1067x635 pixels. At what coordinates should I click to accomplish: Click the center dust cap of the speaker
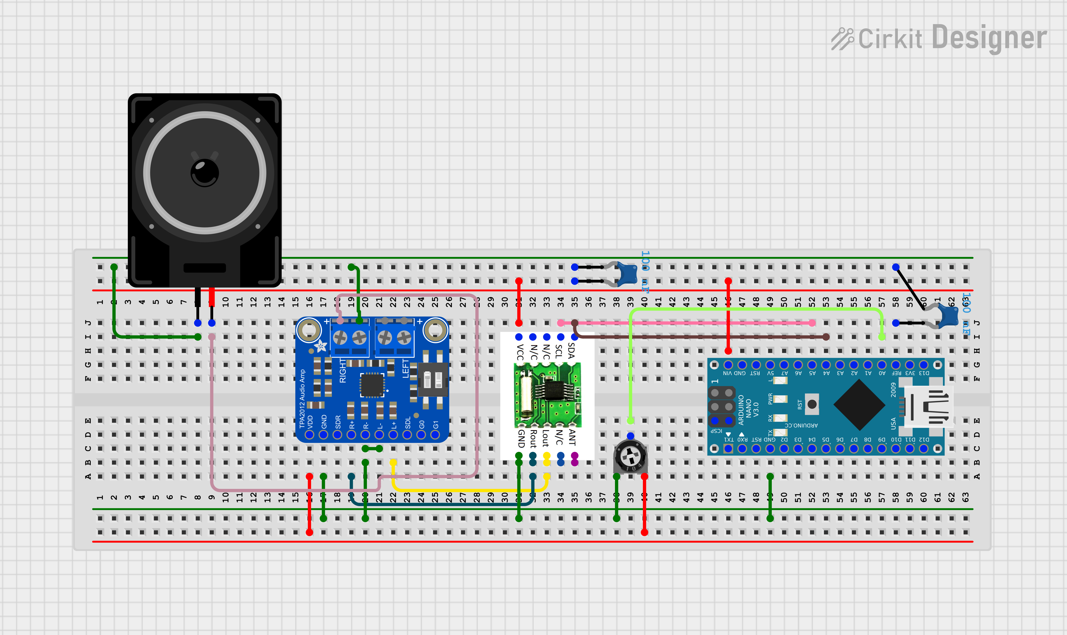204,173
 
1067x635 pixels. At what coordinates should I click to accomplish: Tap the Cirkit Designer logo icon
842,39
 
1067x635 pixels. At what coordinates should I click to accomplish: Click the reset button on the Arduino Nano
812,404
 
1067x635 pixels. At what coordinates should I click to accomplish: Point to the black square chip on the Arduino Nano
859,404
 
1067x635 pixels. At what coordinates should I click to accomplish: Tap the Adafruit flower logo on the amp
320,346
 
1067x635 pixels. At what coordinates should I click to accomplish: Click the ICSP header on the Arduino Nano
721,406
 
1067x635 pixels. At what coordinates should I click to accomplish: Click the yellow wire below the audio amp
471,490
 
